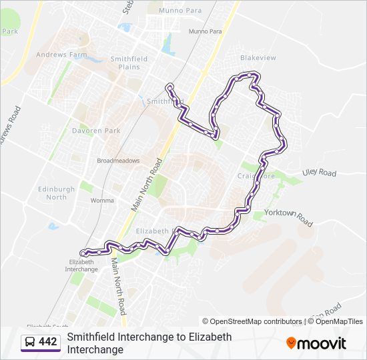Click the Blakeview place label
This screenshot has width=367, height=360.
coord(258,58)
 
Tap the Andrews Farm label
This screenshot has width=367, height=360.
coord(61,55)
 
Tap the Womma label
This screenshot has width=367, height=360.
coord(102,200)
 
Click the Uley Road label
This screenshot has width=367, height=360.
coord(319,173)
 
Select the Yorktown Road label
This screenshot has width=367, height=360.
coord(288,217)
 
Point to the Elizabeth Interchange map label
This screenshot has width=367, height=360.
coord(81,265)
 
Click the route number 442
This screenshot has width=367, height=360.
coord(48,342)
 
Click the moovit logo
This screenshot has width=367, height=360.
coord(316,343)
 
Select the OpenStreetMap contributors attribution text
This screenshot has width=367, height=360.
coord(252,321)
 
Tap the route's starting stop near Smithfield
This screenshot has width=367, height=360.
coord(170,86)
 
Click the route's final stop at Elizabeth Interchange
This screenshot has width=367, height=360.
coord(83,253)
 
